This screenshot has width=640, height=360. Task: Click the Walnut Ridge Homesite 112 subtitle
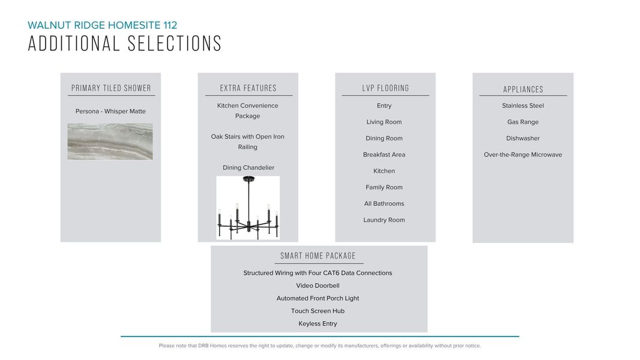[x=102, y=25]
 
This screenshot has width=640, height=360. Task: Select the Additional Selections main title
[x=125, y=44]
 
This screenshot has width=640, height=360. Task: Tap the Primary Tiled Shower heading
[x=111, y=88]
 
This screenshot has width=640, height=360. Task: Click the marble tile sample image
[x=110, y=142]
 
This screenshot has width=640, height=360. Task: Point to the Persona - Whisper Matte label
[x=110, y=111]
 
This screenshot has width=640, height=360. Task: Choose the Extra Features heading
[x=248, y=88]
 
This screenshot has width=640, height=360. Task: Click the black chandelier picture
[x=248, y=207]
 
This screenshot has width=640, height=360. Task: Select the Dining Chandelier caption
[x=248, y=167]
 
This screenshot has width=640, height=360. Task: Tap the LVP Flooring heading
[x=385, y=88]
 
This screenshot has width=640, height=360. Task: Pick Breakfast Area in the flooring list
[x=384, y=154]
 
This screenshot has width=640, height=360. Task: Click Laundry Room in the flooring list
[x=384, y=220]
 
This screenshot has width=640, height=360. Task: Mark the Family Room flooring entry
[x=384, y=187]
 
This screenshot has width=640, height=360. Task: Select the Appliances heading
[x=523, y=89]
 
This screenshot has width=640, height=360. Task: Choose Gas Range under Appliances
[x=523, y=122]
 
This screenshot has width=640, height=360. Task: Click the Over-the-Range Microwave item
[x=523, y=154]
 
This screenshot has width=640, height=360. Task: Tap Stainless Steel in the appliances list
[x=523, y=106]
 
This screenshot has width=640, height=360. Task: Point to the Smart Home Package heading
[x=318, y=256]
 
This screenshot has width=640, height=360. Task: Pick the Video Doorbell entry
[x=318, y=286]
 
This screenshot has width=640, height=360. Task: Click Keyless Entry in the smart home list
[x=318, y=323]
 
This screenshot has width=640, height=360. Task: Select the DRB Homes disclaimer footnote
[x=320, y=346]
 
